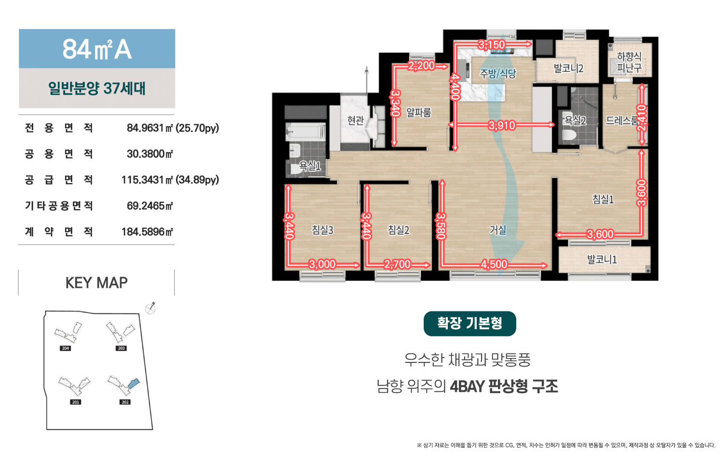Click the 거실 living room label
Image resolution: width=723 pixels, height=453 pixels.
[498, 230]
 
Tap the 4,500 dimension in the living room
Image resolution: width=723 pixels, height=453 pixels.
[494, 265]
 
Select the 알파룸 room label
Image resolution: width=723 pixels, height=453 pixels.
[418, 112]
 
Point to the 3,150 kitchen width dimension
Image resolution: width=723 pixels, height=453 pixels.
[492, 45]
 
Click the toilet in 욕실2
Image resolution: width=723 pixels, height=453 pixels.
[569, 134]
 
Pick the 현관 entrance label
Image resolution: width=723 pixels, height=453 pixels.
[355, 120]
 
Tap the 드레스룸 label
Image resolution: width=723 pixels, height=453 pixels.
[622, 120]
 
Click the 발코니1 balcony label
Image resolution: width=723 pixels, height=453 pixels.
[602, 259]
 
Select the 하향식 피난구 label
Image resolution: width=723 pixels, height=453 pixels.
[629, 62]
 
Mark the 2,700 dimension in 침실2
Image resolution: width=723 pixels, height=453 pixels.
[397, 265]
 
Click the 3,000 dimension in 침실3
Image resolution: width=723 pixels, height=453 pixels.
[322, 265]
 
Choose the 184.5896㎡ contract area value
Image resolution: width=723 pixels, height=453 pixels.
[147, 232]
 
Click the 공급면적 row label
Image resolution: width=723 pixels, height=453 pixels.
[59, 180]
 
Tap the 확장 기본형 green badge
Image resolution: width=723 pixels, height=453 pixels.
[469, 324]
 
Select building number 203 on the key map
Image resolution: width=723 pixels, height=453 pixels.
[121, 348]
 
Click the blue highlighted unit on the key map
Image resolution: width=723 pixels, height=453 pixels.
[134, 383]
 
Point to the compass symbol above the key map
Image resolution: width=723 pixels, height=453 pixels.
[150, 308]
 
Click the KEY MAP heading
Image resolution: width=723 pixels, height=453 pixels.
[96, 283]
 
